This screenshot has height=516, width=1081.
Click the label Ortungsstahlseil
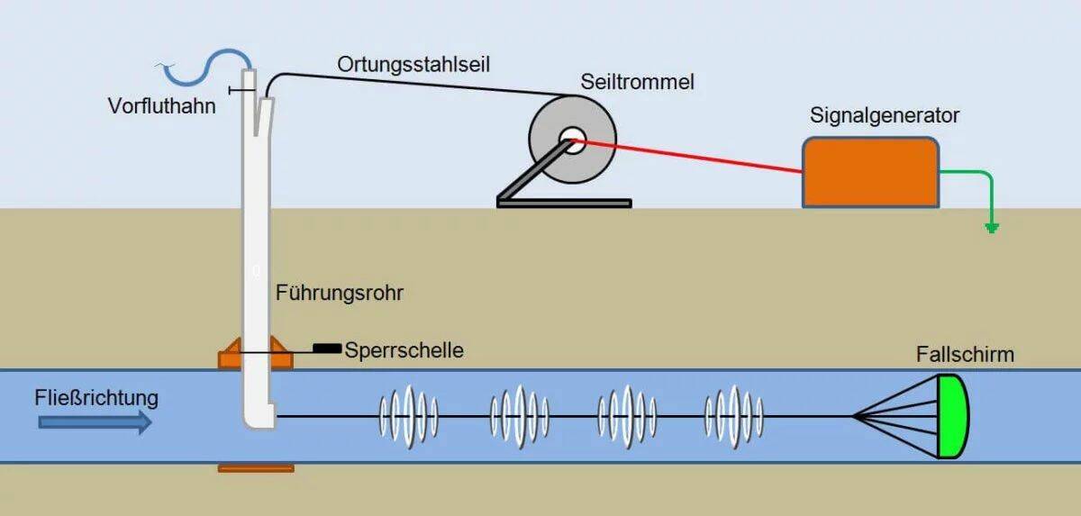[413, 65]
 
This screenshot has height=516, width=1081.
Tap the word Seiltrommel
[638, 82]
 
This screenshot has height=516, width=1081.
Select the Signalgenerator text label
[885, 116]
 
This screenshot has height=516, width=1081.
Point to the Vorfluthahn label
[161, 106]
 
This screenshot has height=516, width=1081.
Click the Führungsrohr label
[340, 293]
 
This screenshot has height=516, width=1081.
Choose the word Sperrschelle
[404, 350]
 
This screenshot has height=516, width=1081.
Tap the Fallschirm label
[965, 355]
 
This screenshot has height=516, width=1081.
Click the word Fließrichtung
[96, 398]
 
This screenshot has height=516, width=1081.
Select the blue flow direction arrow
[95, 422]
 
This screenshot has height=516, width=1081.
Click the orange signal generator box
[870, 173]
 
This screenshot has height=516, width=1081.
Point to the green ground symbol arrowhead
[992, 228]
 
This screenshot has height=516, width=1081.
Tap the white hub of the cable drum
[573, 140]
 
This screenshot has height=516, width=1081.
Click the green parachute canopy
[953, 416]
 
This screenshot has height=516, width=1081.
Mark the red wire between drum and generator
[687, 157]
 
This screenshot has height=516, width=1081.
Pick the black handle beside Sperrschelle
[327, 349]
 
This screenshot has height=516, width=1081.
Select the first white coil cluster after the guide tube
[409, 417]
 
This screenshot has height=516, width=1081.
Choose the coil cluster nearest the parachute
[734, 417]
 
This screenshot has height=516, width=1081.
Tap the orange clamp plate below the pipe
[256, 468]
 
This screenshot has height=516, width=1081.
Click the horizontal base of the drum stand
[564, 204]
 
